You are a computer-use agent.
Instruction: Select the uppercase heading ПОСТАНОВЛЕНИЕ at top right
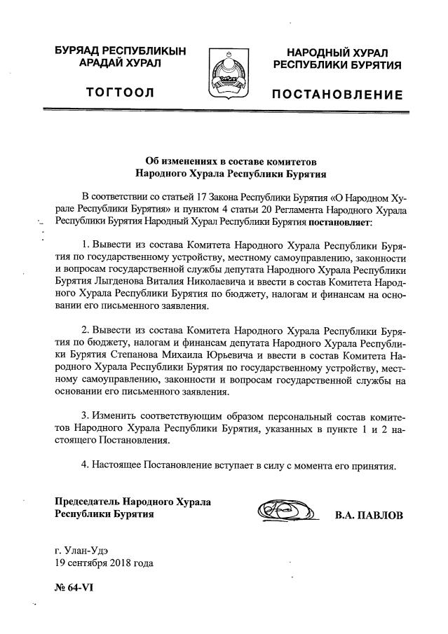coord(337,95)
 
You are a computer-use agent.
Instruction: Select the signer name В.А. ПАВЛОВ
coord(369,516)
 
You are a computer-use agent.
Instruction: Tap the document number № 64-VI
coord(74,588)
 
